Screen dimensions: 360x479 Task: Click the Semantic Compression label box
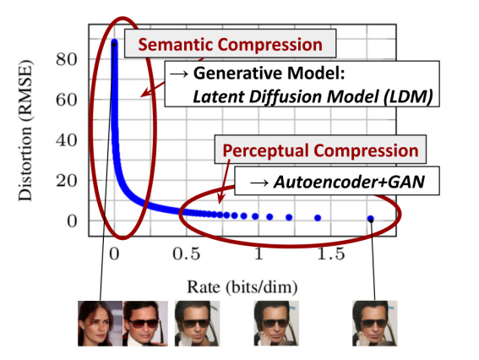click(230, 43)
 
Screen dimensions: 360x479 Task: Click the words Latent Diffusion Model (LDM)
click(311, 97)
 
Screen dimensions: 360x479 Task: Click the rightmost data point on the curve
click(370, 219)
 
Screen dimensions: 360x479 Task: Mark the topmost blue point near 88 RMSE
click(114, 42)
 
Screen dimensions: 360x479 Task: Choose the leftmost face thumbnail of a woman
click(100, 325)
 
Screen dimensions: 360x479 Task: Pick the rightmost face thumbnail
click(373, 325)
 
